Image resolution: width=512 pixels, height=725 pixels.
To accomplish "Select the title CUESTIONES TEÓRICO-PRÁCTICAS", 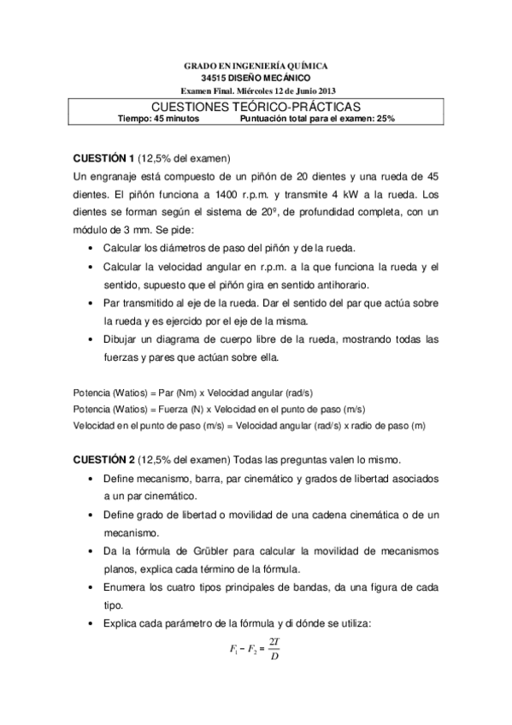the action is click(256, 107).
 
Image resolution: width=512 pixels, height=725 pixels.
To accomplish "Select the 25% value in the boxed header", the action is click(384, 120).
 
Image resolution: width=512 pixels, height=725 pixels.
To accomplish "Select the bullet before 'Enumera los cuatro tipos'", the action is click(91, 588).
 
